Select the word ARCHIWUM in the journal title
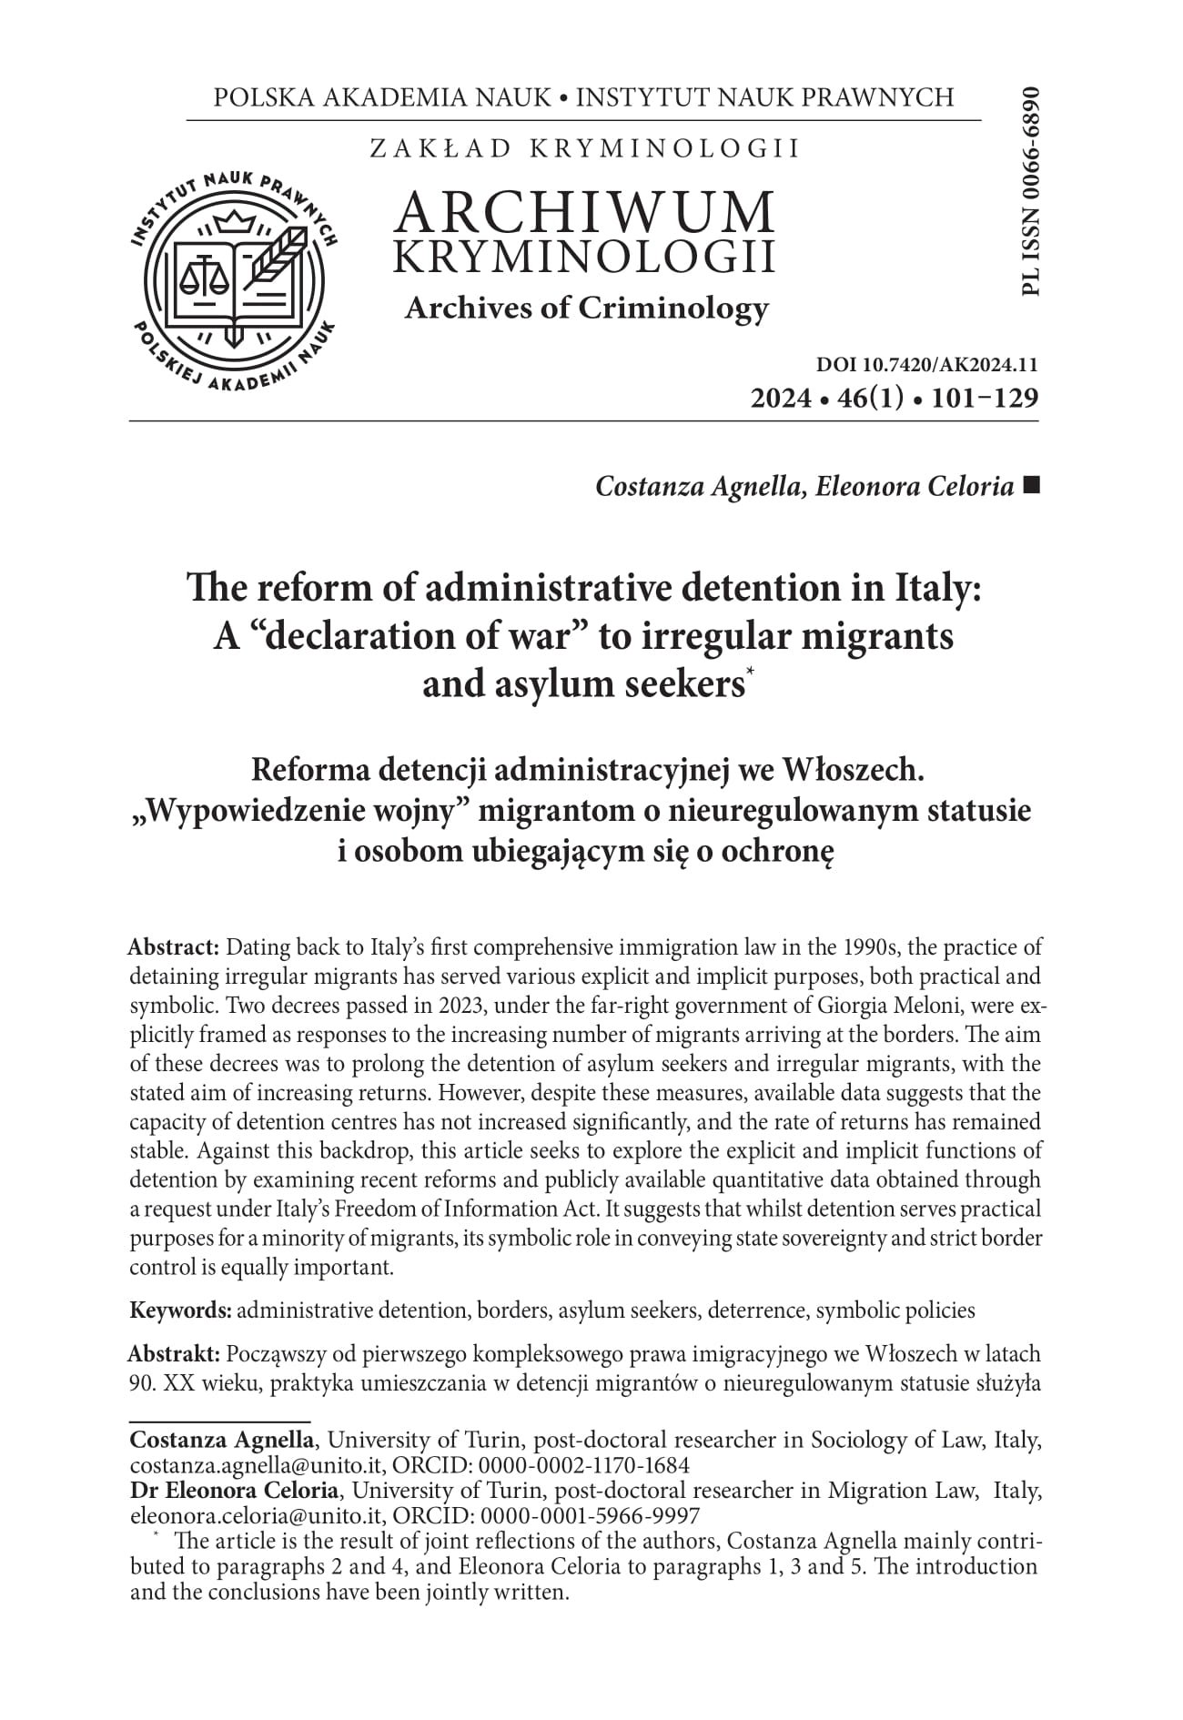point(585,212)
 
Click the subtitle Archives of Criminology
point(586,308)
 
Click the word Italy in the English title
point(936,587)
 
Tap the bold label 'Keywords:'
point(181,1310)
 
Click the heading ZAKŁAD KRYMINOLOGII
point(585,148)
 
